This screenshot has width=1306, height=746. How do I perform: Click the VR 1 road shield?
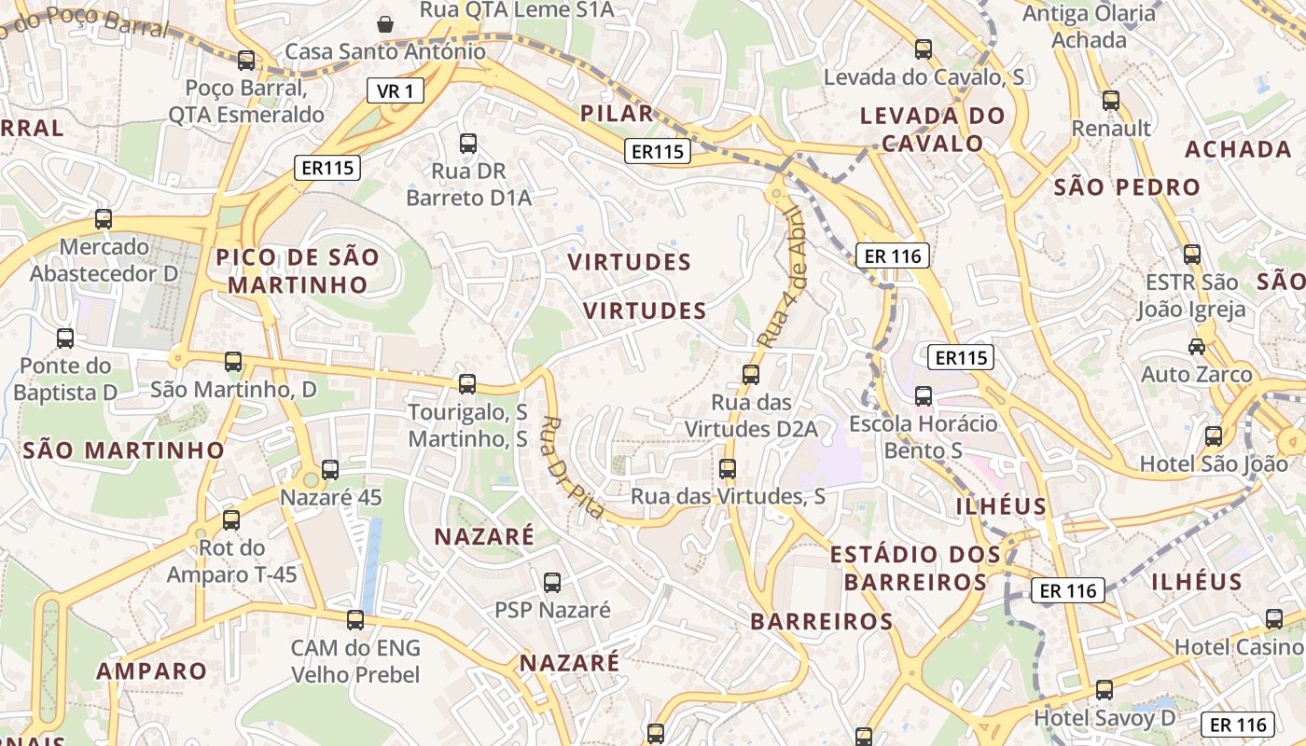396,90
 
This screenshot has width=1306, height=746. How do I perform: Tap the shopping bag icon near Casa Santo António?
384,22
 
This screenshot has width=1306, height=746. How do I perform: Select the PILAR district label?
617,114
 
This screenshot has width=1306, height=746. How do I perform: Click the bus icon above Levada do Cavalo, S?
924,49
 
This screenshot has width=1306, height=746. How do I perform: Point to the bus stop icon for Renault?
1110,101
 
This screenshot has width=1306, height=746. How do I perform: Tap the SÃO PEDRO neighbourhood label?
1127,187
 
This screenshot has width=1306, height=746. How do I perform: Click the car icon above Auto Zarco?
1196,347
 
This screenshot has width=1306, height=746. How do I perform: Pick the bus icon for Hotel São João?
1213,435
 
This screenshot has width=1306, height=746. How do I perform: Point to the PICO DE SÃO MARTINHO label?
299,270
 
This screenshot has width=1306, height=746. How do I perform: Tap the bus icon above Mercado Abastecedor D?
104,219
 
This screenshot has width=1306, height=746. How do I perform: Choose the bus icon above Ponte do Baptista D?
65,338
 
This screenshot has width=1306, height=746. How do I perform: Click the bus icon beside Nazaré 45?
330,470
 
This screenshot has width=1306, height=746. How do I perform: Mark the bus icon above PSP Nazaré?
552,583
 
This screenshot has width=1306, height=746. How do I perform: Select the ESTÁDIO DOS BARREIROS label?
915,568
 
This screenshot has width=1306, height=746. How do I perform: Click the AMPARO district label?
151,671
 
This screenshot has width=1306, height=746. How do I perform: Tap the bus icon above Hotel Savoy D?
1105,690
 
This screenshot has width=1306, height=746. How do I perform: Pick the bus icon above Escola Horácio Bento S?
924,396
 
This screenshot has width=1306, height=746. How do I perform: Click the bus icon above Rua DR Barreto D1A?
468,144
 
